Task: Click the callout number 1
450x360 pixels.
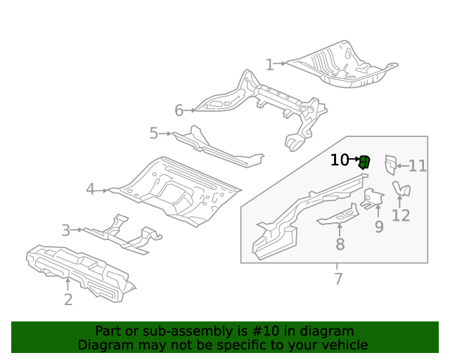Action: (x=269, y=65)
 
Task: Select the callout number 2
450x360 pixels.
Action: (x=68, y=300)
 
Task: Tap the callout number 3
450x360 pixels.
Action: (x=65, y=230)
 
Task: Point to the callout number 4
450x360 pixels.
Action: (x=91, y=190)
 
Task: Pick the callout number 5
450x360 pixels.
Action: (x=154, y=133)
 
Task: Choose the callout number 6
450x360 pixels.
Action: (x=179, y=110)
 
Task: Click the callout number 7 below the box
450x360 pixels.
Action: (x=338, y=278)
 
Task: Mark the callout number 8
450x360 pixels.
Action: (x=340, y=245)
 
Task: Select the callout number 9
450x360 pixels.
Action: (x=379, y=226)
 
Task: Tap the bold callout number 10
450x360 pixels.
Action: (x=339, y=160)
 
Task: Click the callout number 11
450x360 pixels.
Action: (x=418, y=166)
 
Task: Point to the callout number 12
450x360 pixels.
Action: (x=401, y=215)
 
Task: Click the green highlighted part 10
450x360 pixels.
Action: (x=364, y=162)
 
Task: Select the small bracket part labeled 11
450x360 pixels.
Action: (x=390, y=165)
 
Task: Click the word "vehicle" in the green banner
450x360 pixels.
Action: (x=342, y=345)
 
